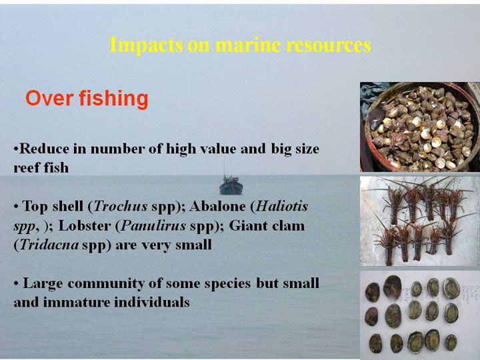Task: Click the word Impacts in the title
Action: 146,45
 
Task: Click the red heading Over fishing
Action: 87,99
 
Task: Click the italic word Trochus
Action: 121,206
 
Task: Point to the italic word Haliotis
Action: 281,206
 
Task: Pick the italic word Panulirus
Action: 153,226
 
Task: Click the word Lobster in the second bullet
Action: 85,226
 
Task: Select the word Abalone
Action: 217,206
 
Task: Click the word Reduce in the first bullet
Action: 45,149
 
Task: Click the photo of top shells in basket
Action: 420,127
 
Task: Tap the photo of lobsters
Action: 420,221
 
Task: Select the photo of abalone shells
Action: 420,315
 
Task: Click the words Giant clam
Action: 267,226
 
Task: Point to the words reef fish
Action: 41,168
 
